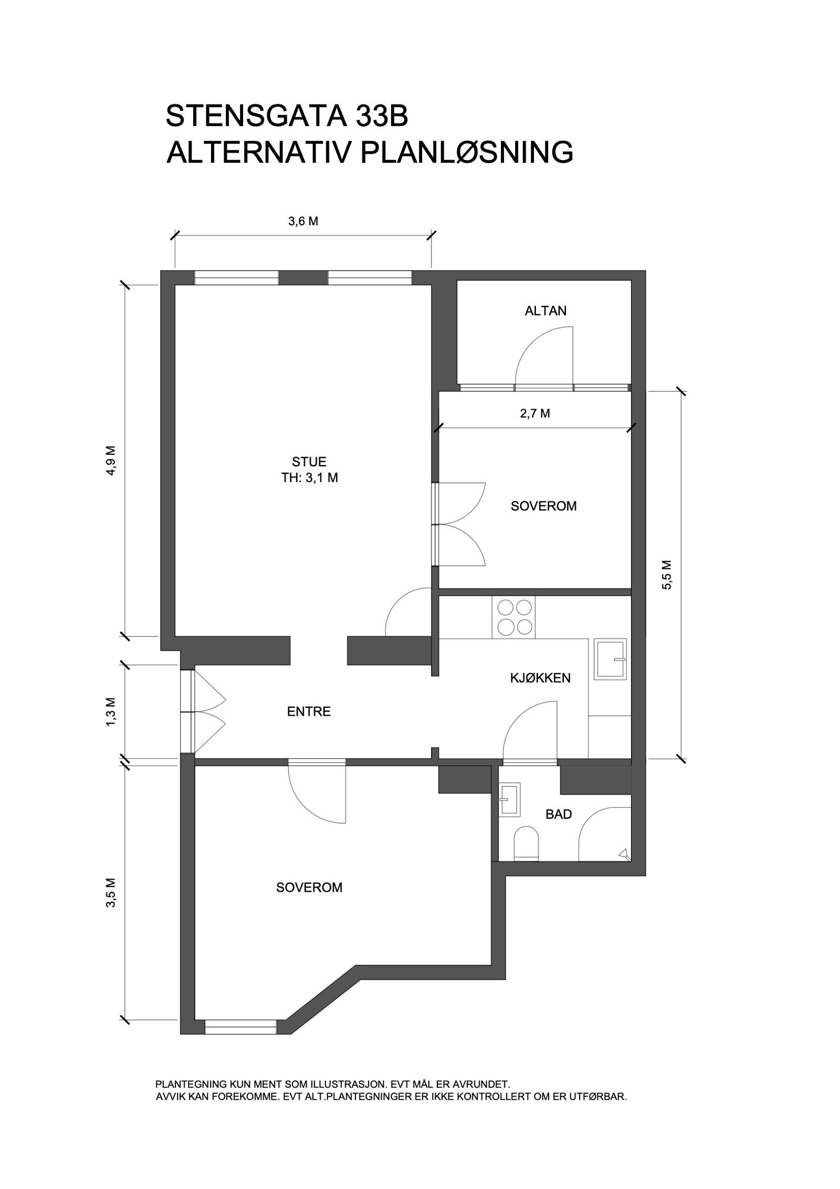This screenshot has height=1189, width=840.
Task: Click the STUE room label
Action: (309, 462)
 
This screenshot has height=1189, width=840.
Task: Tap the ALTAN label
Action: (545, 311)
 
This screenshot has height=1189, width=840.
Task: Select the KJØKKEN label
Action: (540, 678)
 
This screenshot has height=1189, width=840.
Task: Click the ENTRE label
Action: (309, 712)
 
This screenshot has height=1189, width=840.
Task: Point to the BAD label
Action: (559, 815)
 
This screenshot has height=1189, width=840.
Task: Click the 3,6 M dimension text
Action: (303, 222)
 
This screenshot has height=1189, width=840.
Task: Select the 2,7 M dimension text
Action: (535, 413)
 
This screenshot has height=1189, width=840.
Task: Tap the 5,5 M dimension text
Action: (667, 575)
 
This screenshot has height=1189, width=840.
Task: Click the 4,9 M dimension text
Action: (110, 461)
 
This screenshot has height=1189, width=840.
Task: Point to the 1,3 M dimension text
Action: (110, 711)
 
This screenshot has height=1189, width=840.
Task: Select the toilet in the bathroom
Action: (526, 843)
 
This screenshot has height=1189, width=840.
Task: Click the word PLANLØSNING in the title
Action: (467, 152)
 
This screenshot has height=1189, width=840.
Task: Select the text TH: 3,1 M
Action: (309, 478)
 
